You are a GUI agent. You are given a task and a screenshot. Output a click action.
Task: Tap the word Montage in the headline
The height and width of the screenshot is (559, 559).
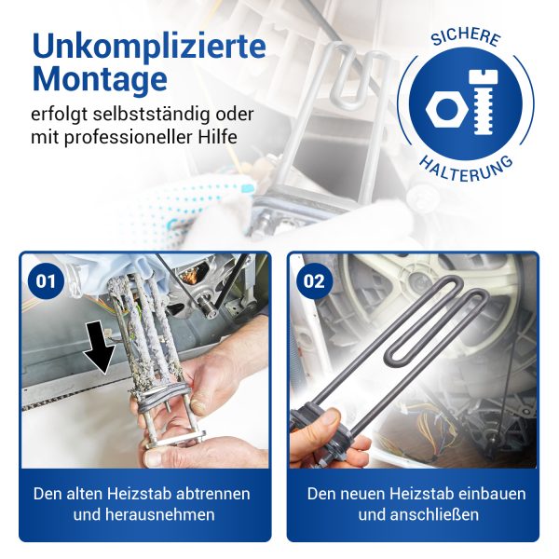point(100,80)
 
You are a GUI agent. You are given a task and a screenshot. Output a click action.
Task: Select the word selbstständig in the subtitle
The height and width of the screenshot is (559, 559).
point(150,116)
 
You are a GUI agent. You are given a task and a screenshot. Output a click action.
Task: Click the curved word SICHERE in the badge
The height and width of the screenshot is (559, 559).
point(467,36)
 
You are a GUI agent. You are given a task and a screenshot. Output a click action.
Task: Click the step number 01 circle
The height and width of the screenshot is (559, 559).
point(46,281)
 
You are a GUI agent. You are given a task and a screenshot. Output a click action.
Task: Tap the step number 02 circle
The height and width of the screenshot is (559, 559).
point(314,281)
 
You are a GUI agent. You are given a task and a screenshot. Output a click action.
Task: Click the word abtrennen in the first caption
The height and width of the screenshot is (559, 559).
point(213,494)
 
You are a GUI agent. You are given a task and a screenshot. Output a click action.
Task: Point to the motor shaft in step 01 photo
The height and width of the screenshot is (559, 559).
point(209,307)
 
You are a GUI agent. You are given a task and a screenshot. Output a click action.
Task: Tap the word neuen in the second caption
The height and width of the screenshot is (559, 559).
point(361,494)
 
